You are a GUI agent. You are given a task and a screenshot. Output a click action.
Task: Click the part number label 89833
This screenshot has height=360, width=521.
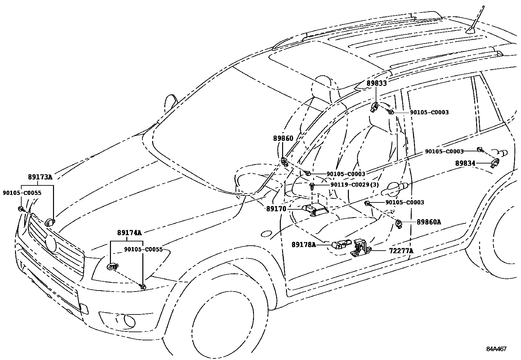pos(376,83)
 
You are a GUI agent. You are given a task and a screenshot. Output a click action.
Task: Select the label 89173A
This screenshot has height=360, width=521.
pos(40,177)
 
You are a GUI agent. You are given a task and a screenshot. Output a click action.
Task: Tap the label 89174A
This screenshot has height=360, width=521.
pos(129,233)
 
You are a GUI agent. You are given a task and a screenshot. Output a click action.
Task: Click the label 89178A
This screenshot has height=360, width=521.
pos(304,244)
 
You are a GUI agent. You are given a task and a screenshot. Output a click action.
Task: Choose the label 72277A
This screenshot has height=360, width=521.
pos(401,251)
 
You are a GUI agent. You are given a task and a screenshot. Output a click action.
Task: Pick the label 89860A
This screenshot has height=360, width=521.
pos(429,222)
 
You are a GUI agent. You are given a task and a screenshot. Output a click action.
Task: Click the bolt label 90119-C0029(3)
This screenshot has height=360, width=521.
pos(354,185)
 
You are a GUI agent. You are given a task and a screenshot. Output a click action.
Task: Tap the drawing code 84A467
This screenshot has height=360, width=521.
pos(496,349)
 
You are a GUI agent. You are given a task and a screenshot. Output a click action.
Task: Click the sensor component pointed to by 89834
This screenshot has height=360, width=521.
pos(495,162)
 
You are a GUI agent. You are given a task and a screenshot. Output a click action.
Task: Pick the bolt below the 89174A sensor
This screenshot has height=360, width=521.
pos(143,287)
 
